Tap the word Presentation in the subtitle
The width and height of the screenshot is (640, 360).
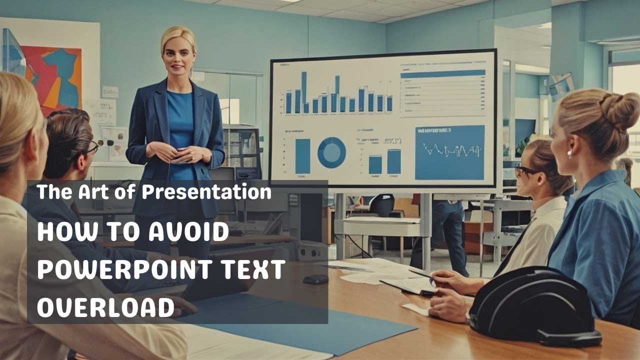coord(206,192)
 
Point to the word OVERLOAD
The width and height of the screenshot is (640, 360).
coord(105,307)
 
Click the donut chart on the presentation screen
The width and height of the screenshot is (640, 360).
coord(331,152)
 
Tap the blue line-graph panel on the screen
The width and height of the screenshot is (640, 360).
coord(449,152)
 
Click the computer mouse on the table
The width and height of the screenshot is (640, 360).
coord(315,279)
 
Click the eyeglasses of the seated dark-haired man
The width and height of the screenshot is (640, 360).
coord(91,148)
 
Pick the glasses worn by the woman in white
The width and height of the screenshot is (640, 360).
coord(524,170)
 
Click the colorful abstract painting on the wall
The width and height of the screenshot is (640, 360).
coord(52,75)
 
